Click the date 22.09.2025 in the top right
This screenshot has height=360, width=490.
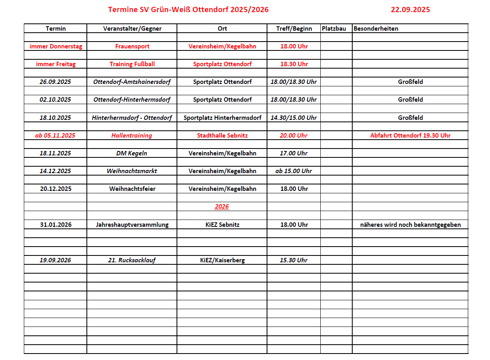pos(410,10)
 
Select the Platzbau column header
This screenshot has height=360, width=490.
pos(334,29)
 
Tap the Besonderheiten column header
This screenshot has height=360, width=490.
pos(376,29)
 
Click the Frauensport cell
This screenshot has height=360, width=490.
pos(132,46)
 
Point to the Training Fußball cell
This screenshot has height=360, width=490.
pos(132,64)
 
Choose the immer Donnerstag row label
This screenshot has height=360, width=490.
pos(55,46)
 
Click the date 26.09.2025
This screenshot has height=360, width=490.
pos(55,82)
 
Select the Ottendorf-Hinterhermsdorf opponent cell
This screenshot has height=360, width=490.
pos(132,100)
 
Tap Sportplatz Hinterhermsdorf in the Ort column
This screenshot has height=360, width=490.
pos(222,118)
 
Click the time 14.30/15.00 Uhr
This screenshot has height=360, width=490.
pos(294,118)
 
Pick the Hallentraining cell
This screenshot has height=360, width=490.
pos(132,136)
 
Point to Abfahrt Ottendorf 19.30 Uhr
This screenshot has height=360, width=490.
pos(410,136)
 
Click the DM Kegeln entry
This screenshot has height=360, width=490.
pos(132,153)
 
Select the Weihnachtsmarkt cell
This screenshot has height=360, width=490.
pos(132,171)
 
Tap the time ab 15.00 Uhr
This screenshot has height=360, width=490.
pos(294,171)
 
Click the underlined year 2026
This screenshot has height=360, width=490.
pos(222,207)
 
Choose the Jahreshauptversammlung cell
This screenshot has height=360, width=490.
pos(132,225)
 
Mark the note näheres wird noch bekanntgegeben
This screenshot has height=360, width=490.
pos(410,225)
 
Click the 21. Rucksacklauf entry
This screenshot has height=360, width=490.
pos(132,260)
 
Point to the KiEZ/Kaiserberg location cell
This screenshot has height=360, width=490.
pos(222,260)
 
